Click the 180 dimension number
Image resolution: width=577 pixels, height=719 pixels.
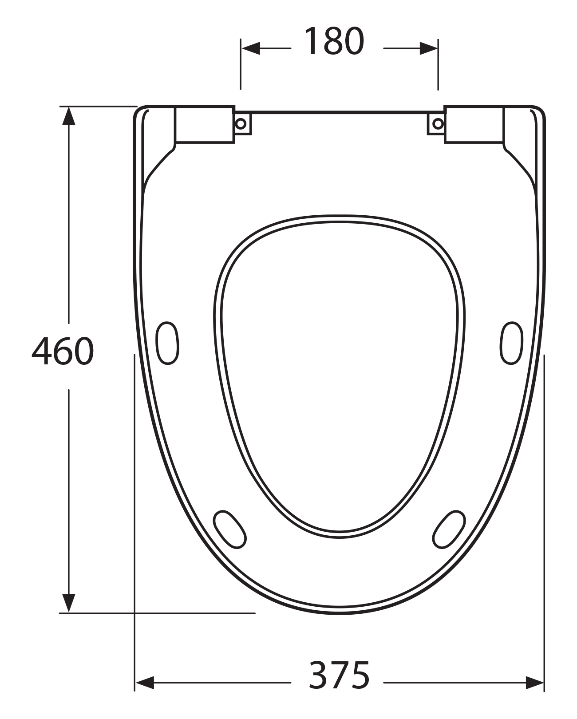(x=334, y=42)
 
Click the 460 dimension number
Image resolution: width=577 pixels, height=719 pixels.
(x=63, y=351)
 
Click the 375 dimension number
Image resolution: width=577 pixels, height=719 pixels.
(x=339, y=675)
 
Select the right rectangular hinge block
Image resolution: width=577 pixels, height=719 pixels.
(x=474, y=124)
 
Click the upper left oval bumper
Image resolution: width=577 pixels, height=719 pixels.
(x=167, y=343)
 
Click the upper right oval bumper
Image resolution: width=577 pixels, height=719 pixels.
(x=511, y=343)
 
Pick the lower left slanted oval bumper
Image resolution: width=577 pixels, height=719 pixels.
(x=230, y=529)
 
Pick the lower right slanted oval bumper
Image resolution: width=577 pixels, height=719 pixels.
(x=449, y=529)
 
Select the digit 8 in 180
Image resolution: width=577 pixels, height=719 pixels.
(x=333, y=42)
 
